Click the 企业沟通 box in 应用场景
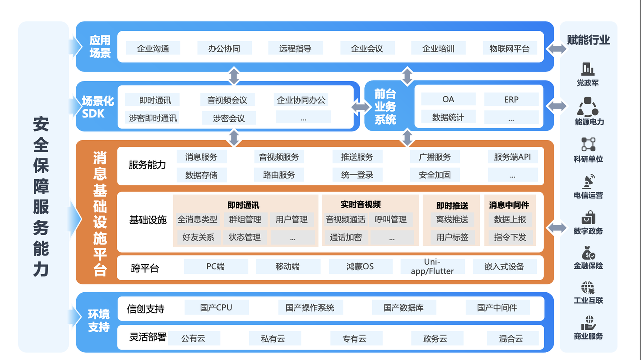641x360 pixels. point(153,49)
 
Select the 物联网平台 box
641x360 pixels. point(509,49)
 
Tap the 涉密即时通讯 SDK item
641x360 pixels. point(153,118)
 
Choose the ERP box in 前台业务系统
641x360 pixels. point(511,99)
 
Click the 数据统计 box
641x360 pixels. point(448,117)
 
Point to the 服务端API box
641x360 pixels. point(512,157)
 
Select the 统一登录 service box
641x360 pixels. point(357,175)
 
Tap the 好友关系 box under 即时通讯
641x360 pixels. point(198,237)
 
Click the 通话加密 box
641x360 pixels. point(346,237)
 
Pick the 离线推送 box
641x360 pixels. point(452,219)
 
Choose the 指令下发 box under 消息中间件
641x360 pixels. point(510,237)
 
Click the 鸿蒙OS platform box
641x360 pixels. point(360,267)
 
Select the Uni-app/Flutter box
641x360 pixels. point(432,267)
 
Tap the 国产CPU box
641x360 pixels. point(216,307)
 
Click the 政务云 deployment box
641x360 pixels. point(435,339)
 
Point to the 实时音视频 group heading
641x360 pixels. point(360,205)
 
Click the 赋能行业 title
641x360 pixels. point(588,40)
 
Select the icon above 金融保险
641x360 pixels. point(588,253)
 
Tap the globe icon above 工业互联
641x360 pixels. point(588,288)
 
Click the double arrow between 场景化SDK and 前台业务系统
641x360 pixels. point(362,107)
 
